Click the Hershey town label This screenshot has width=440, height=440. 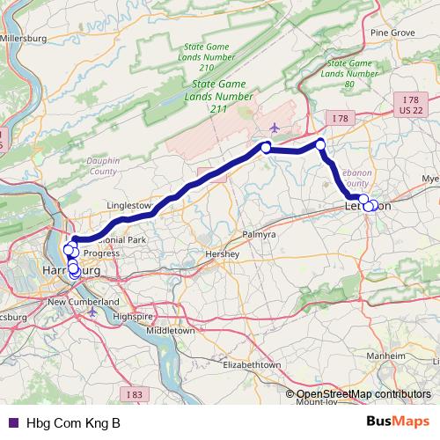pos(223,254)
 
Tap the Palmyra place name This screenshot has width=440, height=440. pos(257,236)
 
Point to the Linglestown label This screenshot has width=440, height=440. pos(129,205)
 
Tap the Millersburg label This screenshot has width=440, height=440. pos(24,39)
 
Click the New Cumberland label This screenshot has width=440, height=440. pos(84,302)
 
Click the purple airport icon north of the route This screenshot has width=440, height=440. pos(275,128)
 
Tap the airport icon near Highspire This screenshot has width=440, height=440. pos(92,312)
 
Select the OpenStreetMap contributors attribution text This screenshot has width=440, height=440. pos(363,394)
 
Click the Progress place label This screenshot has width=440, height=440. pos(101,253)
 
